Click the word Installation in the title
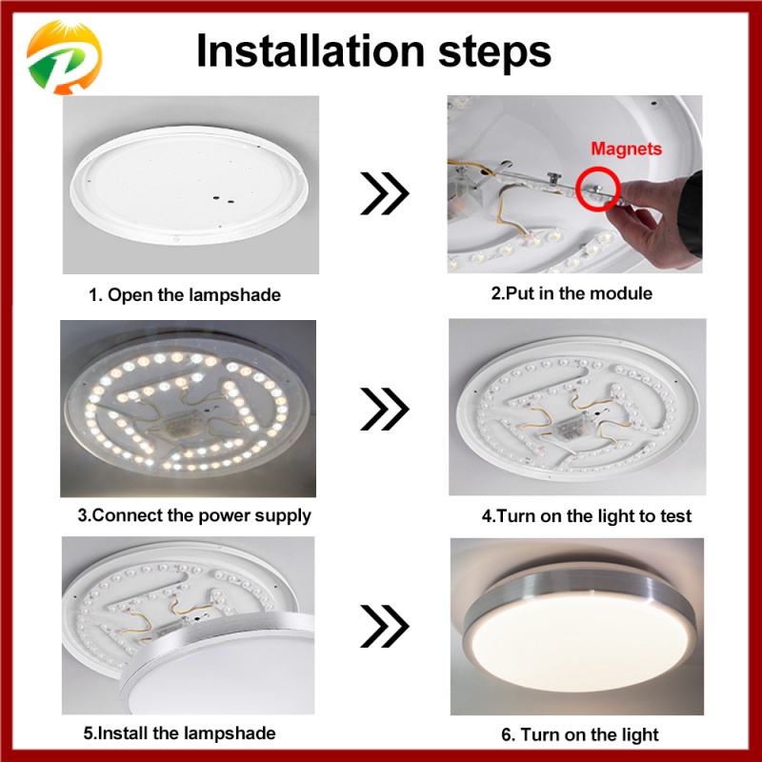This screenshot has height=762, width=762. tap(311, 50)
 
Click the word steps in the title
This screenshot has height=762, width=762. tap(494, 53)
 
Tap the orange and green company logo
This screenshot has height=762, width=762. tap(64, 57)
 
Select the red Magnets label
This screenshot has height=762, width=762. tap(626, 149)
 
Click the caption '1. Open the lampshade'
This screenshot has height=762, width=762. tap(185, 295)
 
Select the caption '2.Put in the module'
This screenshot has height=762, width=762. tap(571, 293)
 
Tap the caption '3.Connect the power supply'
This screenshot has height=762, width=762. tap(194, 515)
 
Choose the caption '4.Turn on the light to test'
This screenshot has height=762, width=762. tap(586, 515)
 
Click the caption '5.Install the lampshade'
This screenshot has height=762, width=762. tap(179, 732)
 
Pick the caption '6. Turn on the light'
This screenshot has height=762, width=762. tap(580, 734)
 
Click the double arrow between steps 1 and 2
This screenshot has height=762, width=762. tap(385, 193)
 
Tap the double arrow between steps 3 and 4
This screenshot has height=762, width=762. tap(385, 409)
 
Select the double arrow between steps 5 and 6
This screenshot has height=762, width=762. tap(385, 626)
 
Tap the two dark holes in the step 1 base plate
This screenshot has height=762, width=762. tap(223, 198)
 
